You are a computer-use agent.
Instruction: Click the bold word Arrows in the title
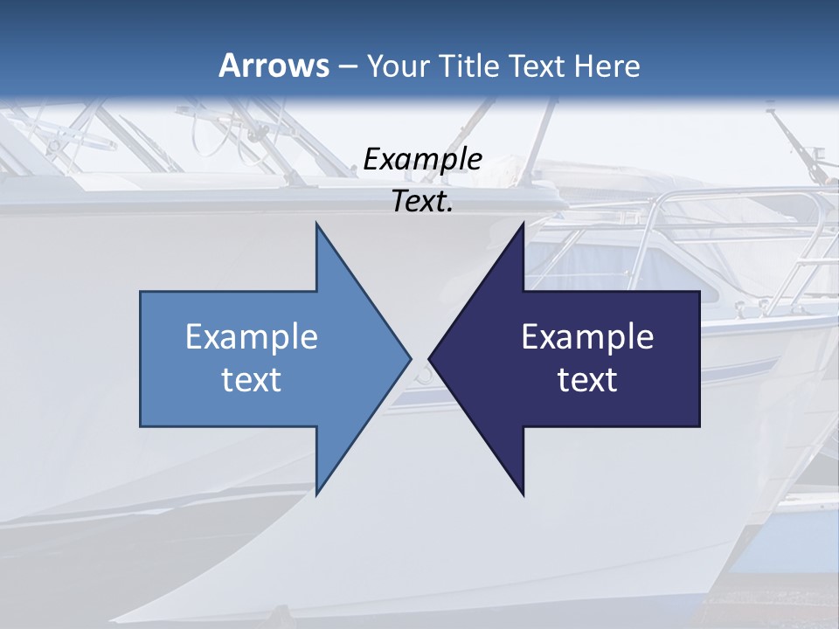click(273, 66)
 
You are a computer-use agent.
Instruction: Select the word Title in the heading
click(472, 66)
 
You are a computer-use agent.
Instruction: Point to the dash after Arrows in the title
click(346, 66)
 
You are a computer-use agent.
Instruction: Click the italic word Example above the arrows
click(422, 159)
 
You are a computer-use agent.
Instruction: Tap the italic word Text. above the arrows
click(422, 201)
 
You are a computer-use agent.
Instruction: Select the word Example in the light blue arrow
click(251, 336)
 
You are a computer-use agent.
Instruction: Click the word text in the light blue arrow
click(251, 379)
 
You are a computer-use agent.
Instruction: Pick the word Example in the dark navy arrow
click(587, 336)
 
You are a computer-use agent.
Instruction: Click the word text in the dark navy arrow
click(587, 379)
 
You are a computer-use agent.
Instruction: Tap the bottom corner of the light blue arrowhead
click(317, 493)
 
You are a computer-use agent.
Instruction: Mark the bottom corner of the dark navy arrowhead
click(523, 493)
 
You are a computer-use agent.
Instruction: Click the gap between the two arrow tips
click(420, 358)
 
